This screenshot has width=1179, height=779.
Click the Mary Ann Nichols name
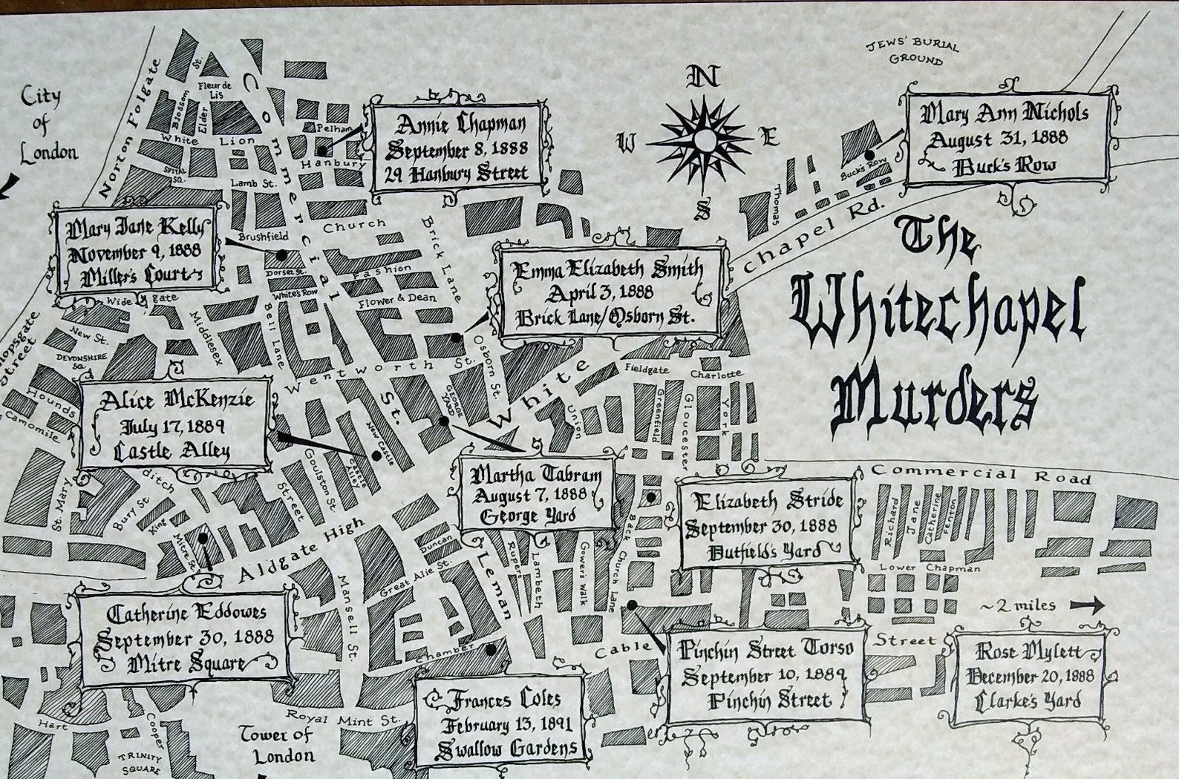[1005, 114]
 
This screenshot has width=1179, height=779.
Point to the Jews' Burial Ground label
[913, 52]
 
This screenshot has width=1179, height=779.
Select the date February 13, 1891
[497, 725]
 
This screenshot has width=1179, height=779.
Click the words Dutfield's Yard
[765, 551]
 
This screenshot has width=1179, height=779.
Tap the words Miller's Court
[140, 276]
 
